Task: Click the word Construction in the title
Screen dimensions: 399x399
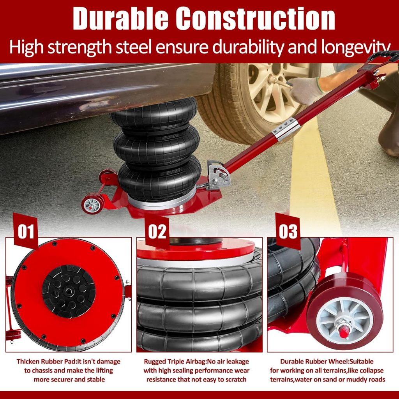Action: [255, 19]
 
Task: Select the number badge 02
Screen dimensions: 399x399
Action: [157, 231]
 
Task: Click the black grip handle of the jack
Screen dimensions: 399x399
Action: [383, 56]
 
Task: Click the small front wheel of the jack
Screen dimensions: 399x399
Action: [93, 203]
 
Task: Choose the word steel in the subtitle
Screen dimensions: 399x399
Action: [134, 47]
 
